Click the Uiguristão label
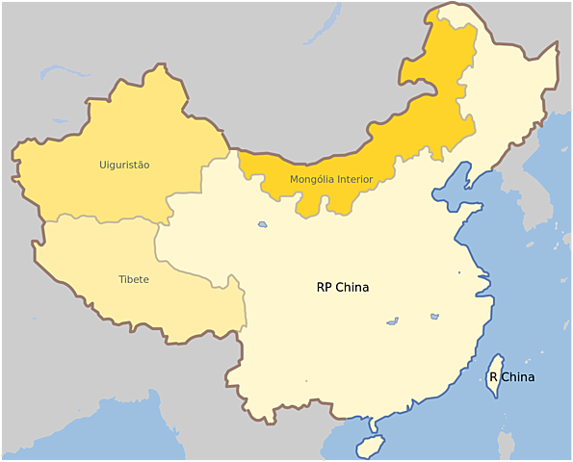[124, 165]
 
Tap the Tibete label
[134, 279]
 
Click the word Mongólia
[312, 179]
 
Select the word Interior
[355, 179]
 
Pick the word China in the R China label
[518, 377]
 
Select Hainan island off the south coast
[368, 447]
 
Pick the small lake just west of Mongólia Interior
[263, 225]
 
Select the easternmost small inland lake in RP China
[435, 316]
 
